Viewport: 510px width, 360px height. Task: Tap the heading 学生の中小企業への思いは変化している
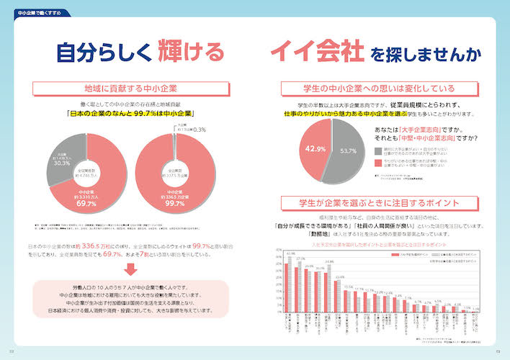point(379,89)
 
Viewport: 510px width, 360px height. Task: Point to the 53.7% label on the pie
point(349,151)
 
